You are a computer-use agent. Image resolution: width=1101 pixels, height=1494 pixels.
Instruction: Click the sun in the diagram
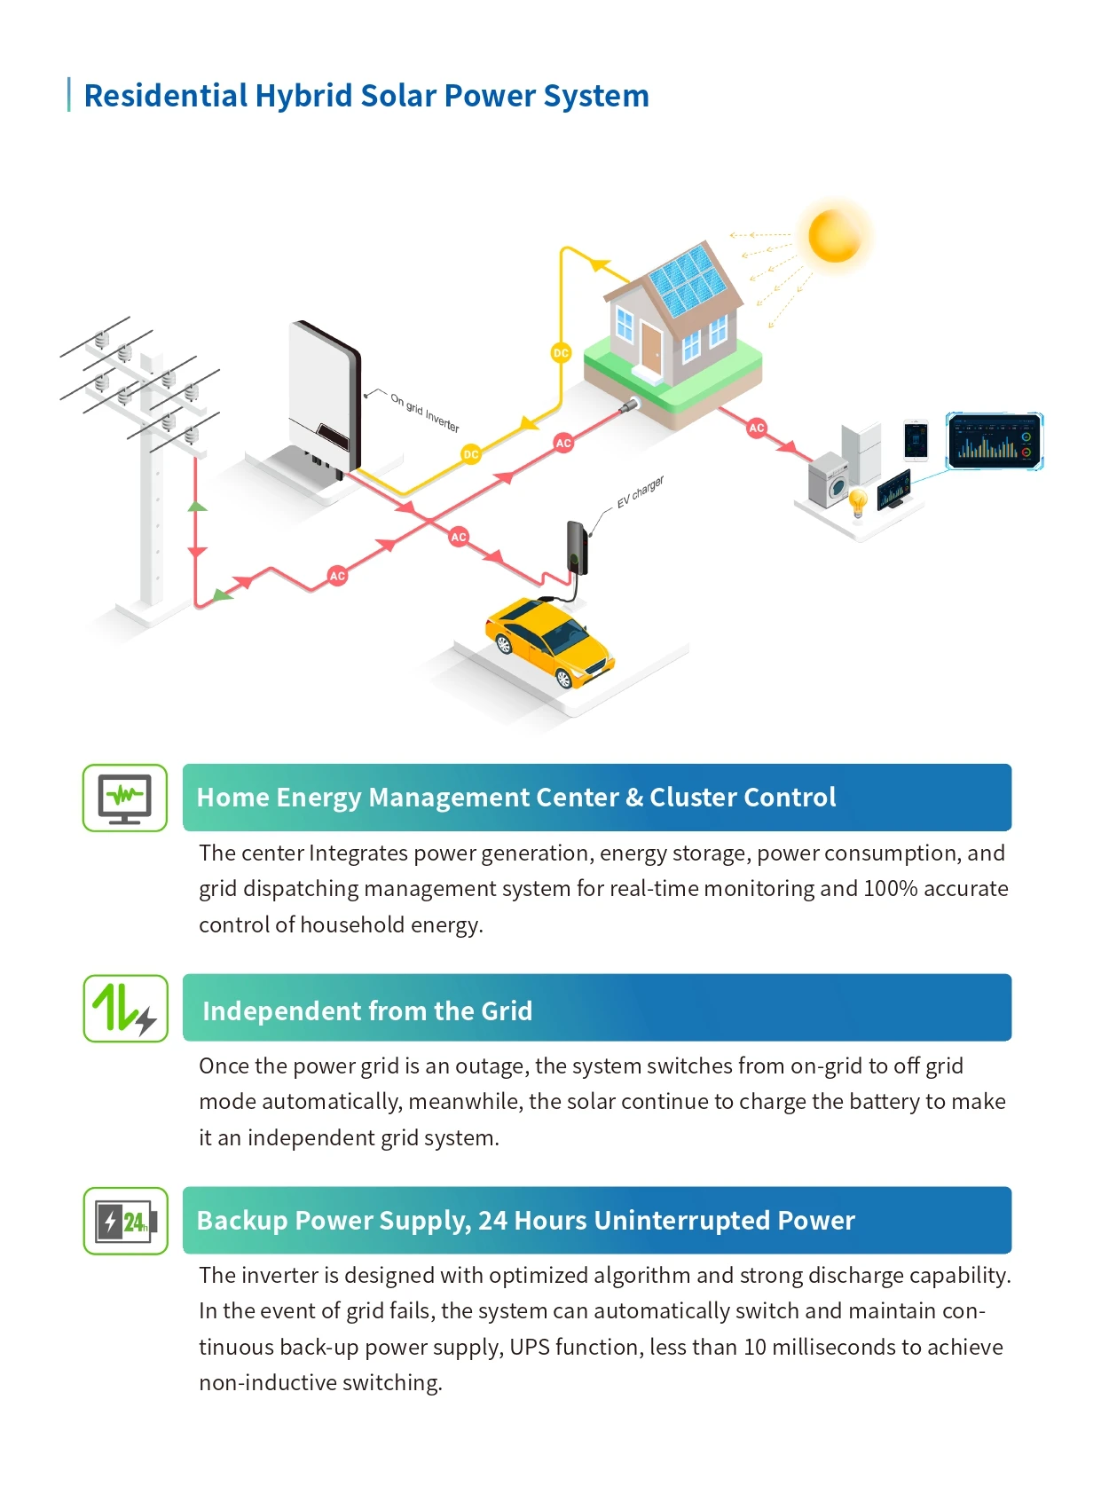point(834,235)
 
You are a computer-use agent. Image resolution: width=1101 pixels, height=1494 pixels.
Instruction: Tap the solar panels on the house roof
point(688,281)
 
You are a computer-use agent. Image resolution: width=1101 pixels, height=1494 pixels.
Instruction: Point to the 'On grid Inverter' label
point(425,413)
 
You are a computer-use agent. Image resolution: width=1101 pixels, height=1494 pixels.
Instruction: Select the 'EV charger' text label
point(641,491)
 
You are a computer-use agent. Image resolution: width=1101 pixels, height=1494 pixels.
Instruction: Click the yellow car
point(549,641)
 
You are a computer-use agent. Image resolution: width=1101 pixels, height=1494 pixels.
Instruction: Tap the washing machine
point(828,480)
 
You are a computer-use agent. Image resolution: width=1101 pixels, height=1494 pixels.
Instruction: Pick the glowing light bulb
point(858,501)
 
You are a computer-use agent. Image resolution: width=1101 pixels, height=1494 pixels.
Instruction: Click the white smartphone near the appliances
point(916,440)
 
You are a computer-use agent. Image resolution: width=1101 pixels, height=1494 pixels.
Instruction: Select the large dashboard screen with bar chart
point(995,441)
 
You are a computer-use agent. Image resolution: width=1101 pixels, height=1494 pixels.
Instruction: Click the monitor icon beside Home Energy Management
point(125,798)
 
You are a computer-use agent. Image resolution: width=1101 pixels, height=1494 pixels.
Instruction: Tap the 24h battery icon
point(125,1221)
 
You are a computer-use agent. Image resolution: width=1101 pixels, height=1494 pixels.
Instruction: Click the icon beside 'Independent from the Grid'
point(125,1008)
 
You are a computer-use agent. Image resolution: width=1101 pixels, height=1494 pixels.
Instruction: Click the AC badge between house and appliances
point(756,428)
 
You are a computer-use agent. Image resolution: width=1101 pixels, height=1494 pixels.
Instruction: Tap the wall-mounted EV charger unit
point(577,547)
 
